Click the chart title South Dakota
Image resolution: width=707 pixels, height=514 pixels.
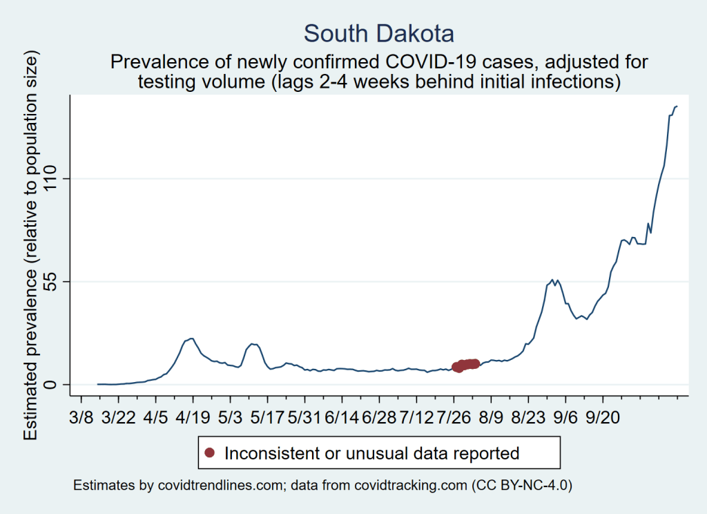tap(379, 34)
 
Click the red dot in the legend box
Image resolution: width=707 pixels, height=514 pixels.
tap(211, 453)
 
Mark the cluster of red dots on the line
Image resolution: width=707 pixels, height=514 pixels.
tap(465, 365)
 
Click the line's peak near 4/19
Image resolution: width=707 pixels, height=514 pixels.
tap(191, 338)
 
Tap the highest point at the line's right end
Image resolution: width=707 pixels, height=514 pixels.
tap(677, 106)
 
